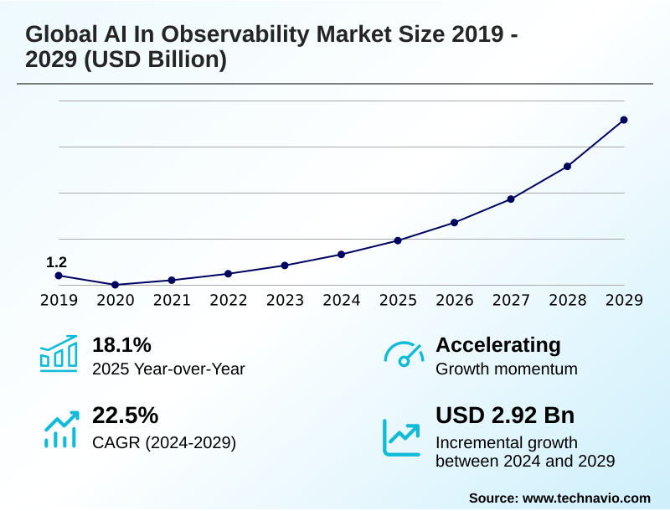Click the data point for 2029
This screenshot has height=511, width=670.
click(624, 120)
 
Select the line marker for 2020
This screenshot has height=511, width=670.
click(115, 285)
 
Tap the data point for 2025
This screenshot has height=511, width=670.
click(398, 240)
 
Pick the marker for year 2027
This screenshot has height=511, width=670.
click(511, 199)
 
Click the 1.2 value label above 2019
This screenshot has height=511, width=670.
click(56, 262)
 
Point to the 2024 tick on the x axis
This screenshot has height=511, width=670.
click(341, 300)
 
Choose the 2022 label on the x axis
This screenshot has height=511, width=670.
click(228, 300)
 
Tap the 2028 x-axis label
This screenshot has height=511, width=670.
click(567, 300)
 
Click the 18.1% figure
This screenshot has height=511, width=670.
click(121, 344)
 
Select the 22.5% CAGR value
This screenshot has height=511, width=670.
click(125, 416)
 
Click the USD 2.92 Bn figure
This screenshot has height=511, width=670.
click(505, 416)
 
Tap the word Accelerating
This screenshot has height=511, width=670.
click(498, 344)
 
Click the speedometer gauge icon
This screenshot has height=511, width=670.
click(404, 354)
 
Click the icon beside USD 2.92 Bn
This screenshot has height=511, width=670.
click(402, 436)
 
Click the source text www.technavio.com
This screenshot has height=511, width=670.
click(586, 498)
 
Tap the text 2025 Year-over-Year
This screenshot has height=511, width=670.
click(168, 369)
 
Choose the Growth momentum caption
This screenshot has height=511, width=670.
click(507, 369)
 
